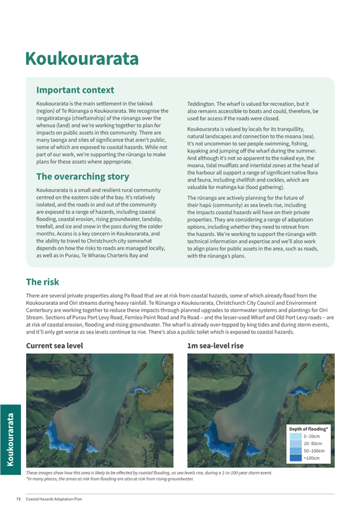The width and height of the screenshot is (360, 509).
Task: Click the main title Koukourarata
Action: click(x=82, y=58)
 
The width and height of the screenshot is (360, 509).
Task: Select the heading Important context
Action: click(x=75, y=90)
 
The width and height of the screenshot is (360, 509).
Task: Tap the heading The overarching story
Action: click(x=83, y=176)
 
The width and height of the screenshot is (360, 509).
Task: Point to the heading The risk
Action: click(x=43, y=282)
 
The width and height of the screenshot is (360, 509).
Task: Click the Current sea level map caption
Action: click(x=54, y=346)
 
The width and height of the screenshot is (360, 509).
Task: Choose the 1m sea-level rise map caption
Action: click(x=215, y=346)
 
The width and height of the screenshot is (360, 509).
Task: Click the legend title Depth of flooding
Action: click(x=308, y=429)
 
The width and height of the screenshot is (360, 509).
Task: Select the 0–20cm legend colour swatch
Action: click(x=295, y=436)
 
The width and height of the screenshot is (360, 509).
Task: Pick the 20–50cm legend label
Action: click(x=313, y=443)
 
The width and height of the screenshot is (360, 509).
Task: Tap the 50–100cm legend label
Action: click(x=314, y=451)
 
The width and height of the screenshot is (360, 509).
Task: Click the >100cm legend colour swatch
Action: click(x=295, y=458)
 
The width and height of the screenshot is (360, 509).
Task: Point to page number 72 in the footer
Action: click(x=18, y=499)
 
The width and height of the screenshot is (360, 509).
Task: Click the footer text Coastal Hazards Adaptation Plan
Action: click(x=54, y=499)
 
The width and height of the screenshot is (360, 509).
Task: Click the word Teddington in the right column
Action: click(x=202, y=103)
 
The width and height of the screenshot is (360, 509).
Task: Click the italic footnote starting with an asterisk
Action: click(x=109, y=479)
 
